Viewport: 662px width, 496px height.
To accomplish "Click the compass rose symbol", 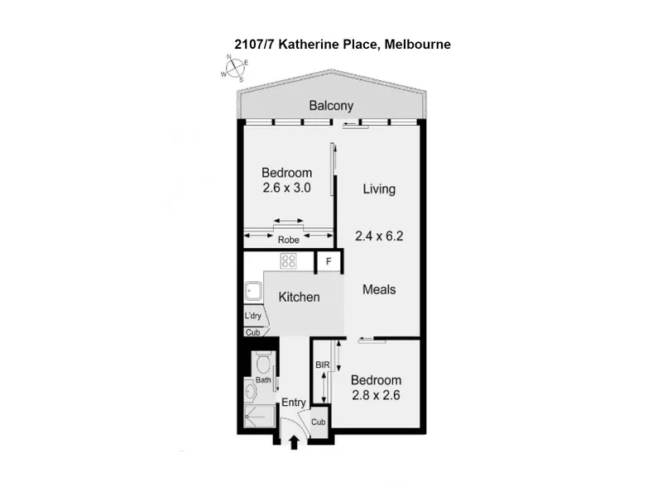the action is coord(235,68).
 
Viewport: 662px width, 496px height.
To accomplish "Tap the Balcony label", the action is coord(331,106).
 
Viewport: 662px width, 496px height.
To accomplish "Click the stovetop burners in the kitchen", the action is coord(288,261).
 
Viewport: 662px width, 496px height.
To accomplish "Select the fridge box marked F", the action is coord(329,262).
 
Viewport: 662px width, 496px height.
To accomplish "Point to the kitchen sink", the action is coord(253,292).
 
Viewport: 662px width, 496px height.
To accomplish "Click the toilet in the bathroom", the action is coord(263,362).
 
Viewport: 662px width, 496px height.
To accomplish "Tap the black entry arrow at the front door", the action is coord(295,443).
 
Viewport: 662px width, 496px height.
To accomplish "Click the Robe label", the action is coord(288,240).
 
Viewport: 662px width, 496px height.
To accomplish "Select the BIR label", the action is coord(323,365).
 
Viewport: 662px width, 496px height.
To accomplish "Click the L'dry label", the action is coord(253,316).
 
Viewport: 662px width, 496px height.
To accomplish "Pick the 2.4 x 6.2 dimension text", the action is coord(379,236).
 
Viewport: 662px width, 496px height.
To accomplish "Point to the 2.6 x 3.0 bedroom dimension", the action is coord(286,188).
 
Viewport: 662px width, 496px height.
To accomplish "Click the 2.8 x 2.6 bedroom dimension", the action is coord(376,395).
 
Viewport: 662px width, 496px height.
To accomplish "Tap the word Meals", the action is coord(379,289).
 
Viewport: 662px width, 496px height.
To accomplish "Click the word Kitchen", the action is coord(299,297).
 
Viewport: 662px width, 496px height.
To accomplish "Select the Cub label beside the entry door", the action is coord(319,422).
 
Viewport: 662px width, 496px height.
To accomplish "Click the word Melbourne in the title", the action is coord(418,45).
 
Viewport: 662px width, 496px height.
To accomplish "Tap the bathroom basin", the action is coord(251,392).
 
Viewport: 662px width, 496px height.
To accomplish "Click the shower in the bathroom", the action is coord(260,417).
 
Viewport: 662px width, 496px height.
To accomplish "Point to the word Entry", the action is coord(294,403).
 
